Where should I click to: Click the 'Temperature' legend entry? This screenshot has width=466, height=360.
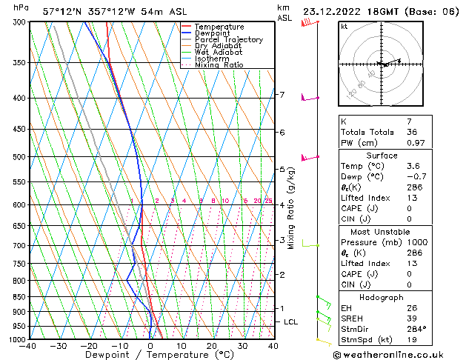218,27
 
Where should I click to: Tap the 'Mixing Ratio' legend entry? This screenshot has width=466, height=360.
219,65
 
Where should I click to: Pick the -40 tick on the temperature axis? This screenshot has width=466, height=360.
29,345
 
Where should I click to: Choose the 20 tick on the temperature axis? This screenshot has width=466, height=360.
212,345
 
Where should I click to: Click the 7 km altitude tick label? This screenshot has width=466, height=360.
282,95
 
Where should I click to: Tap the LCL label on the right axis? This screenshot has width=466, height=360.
291,322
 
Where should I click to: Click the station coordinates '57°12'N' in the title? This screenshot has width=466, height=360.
61,11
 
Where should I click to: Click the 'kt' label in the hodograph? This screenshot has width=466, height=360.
344,26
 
